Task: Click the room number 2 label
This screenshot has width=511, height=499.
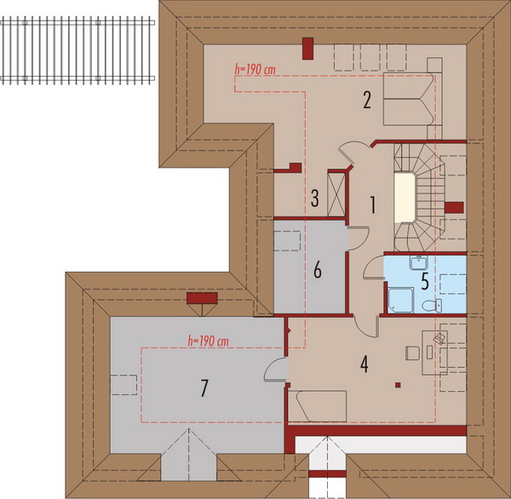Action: click(367, 100)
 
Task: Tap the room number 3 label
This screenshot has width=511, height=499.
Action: click(314, 198)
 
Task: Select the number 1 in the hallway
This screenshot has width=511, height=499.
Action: click(372, 205)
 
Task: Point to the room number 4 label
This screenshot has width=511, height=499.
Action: click(364, 364)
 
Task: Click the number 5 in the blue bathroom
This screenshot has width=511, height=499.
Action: click(425, 281)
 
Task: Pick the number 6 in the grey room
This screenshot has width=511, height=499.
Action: click(317, 270)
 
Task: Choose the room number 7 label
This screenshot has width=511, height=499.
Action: click(204, 388)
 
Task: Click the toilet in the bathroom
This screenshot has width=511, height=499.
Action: click(432, 306)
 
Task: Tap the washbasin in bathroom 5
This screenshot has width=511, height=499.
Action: click(418, 262)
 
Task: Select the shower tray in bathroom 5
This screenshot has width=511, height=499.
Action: click(400, 300)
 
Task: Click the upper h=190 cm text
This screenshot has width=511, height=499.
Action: click(255, 69)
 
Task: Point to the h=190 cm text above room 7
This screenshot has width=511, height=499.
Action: click(209, 341)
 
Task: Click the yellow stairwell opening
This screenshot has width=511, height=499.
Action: click(404, 198)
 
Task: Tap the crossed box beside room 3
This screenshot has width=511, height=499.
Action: click(336, 195)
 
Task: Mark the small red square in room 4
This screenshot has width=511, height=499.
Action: click(398, 385)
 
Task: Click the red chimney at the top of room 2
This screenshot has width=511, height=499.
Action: click(307, 49)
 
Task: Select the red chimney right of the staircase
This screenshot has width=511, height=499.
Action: click(454, 207)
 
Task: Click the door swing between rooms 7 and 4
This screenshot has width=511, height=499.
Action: click(276, 370)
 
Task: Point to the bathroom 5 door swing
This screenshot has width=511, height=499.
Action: click(374, 267)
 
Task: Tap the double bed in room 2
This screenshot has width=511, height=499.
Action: click(409, 99)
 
